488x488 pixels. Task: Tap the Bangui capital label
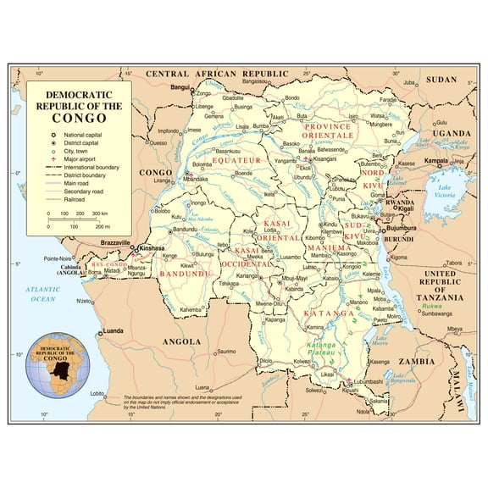[x=180, y=87]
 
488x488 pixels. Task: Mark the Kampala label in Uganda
[x=436, y=160]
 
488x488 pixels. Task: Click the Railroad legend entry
[x=78, y=200]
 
